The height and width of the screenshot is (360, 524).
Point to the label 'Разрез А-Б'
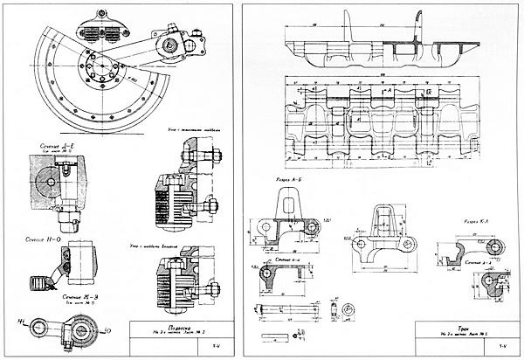click(290, 180)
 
